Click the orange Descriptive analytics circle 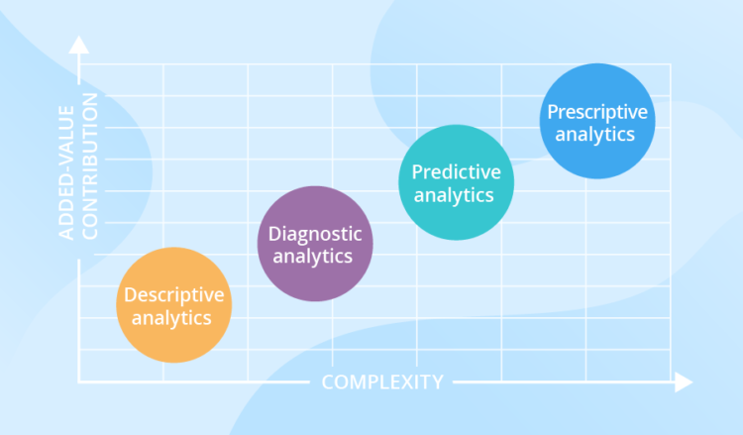(x=173, y=304)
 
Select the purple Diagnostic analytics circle (x=316, y=244)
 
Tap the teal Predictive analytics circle (x=455, y=182)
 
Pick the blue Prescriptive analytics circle (x=595, y=122)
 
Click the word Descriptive (x=173, y=294)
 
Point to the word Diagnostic (x=316, y=234)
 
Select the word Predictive (x=456, y=172)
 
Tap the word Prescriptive (x=596, y=111)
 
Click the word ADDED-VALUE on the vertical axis (x=67, y=165)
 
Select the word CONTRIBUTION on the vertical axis (x=90, y=165)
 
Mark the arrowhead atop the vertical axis (x=79, y=47)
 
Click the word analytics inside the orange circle (x=173, y=318)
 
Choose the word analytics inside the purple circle (x=316, y=257)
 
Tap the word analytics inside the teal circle (x=455, y=195)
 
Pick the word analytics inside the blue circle (x=595, y=134)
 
